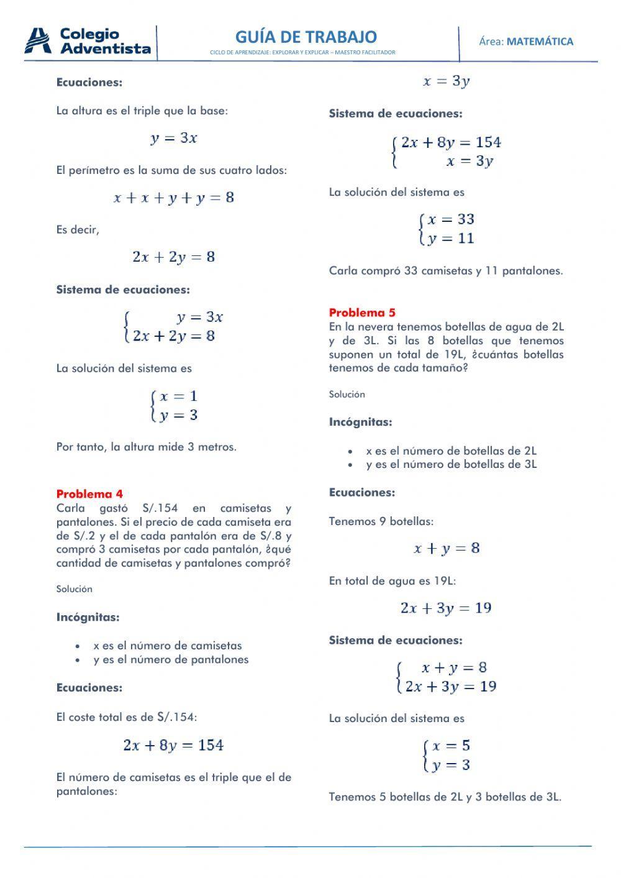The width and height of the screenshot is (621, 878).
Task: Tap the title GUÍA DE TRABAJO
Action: (306, 37)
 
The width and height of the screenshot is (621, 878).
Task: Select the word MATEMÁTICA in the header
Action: (540, 42)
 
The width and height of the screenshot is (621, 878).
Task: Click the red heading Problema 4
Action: (89, 494)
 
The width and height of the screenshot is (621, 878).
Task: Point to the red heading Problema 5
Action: (362, 313)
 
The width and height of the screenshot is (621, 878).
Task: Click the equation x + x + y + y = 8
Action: (174, 198)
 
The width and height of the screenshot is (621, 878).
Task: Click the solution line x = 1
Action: (178, 396)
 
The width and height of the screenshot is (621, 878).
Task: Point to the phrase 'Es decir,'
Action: (78, 230)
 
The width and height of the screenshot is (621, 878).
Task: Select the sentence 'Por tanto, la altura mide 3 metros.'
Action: (146, 447)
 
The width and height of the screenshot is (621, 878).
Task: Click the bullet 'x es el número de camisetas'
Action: (168, 646)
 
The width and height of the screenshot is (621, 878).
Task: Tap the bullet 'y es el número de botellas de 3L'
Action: (451, 464)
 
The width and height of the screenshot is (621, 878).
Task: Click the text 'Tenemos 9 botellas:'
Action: (381, 521)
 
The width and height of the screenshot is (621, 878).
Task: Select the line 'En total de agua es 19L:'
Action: (392, 581)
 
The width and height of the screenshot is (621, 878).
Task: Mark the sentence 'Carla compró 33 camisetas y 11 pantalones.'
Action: (446, 271)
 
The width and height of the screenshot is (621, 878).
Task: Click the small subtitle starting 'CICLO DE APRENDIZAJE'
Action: (302, 53)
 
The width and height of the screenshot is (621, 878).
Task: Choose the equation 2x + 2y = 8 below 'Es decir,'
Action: (174, 257)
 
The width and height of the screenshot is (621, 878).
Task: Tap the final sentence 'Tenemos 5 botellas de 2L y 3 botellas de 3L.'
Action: (445, 797)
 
